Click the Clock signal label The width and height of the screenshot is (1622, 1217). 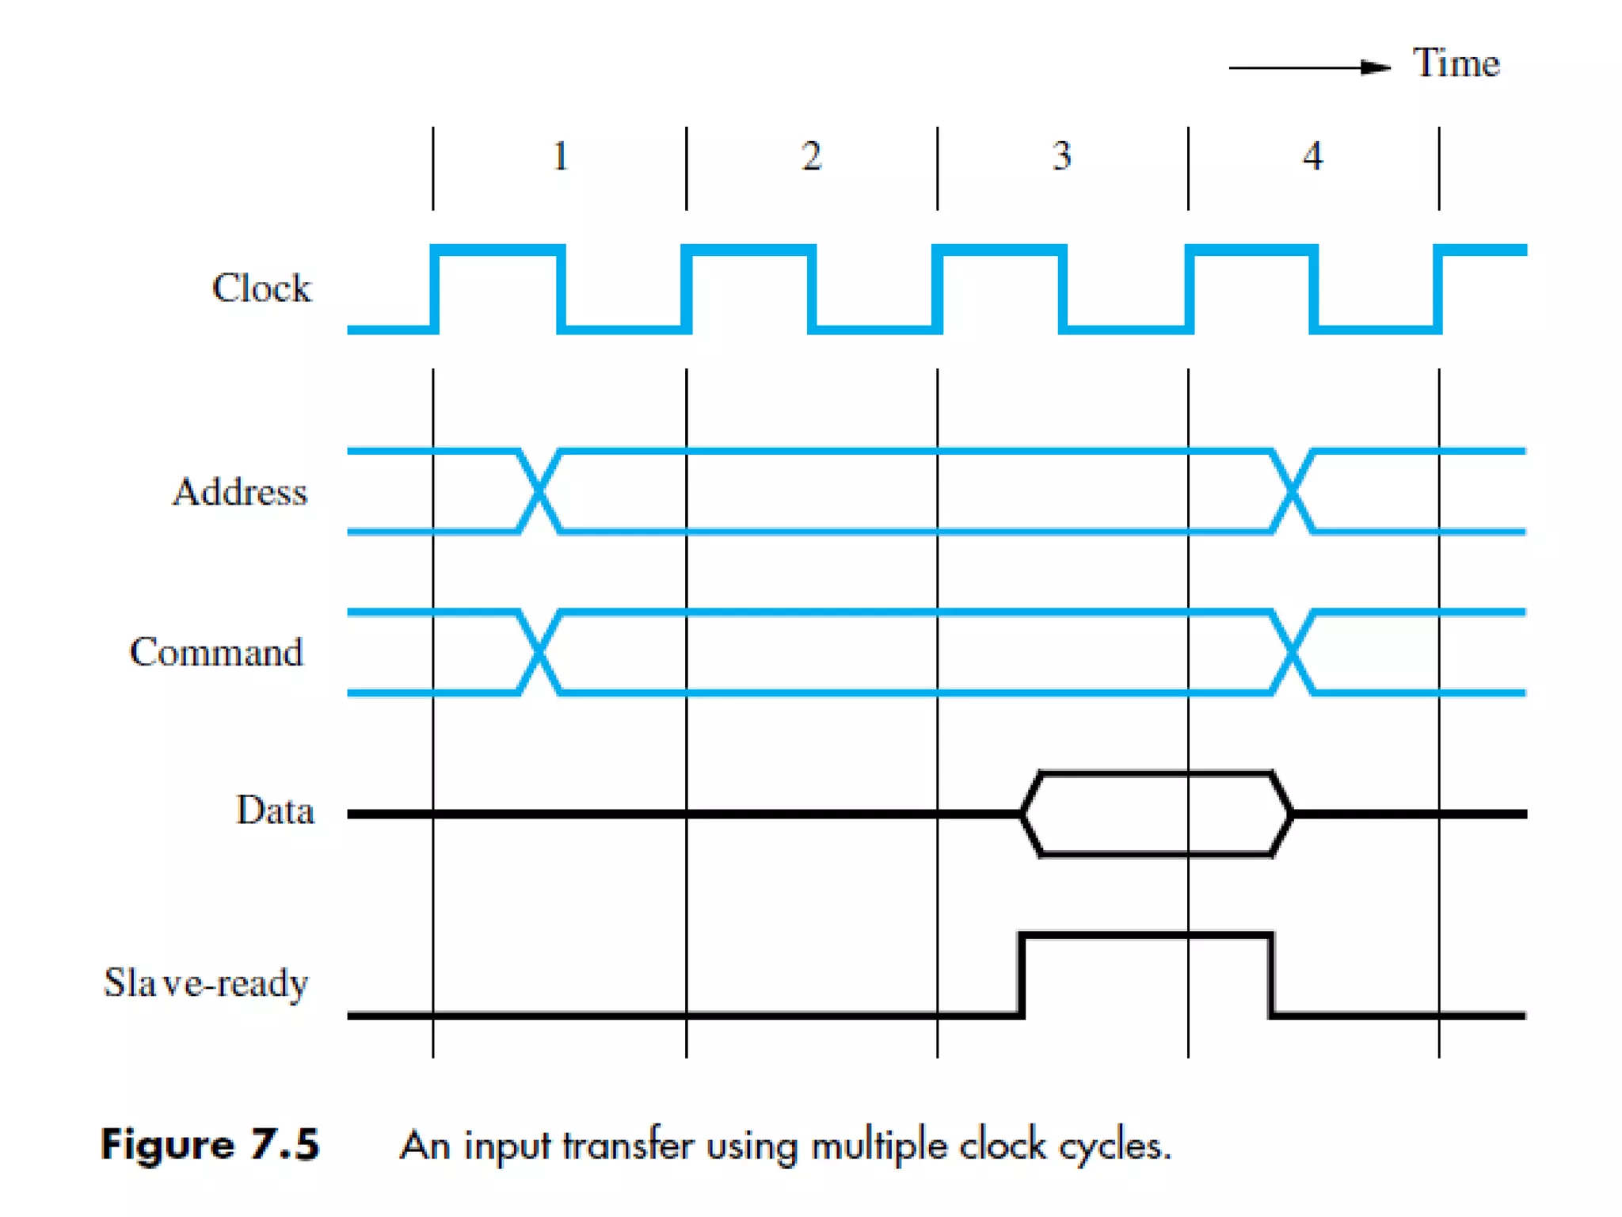261,288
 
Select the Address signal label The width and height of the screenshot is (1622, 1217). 240,492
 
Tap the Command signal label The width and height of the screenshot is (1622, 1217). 216,652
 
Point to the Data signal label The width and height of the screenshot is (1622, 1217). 275,811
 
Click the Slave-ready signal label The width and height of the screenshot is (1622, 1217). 206,983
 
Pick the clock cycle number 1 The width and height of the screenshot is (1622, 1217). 560,156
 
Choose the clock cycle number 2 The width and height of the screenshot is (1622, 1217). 811,156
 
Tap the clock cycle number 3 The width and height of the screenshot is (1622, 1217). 1061,156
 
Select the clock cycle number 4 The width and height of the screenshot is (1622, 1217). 1312,156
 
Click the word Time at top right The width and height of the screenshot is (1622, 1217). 1456,63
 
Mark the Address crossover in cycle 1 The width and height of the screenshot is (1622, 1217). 539,492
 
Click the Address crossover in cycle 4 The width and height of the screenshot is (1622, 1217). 1293,492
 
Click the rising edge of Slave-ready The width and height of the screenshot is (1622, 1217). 1022,975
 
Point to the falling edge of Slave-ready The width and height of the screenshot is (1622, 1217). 1272,975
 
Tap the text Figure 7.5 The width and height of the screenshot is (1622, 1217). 210,1145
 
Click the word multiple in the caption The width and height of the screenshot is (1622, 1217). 879,1146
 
